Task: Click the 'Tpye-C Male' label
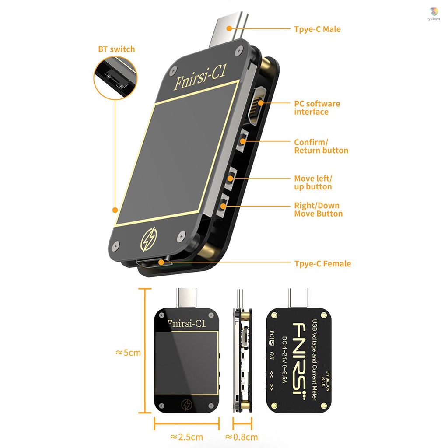point(317,29)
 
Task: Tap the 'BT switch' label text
point(116,49)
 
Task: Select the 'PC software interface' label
point(317,108)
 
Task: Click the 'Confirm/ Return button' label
point(321,147)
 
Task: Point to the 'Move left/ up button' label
point(313,182)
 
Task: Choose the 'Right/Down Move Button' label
point(318,210)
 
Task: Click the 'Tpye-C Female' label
point(322,263)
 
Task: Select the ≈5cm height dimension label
point(128,352)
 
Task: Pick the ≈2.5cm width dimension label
point(186,437)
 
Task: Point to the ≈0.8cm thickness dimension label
point(241,437)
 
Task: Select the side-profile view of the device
point(242,359)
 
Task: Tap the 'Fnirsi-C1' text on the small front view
point(187,323)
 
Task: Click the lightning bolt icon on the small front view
point(187,404)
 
